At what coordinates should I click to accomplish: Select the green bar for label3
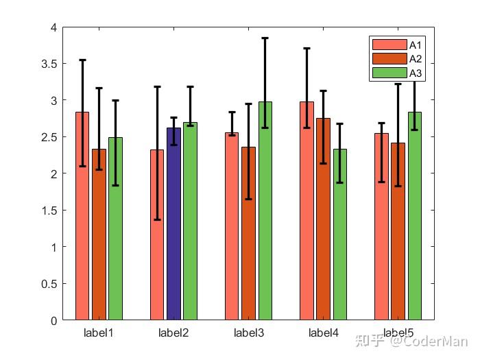click(265, 219)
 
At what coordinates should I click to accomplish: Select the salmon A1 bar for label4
click(307, 219)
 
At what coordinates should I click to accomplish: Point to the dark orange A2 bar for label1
click(99, 240)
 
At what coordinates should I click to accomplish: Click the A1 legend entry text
click(415, 45)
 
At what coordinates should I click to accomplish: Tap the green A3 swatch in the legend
click(389, 73)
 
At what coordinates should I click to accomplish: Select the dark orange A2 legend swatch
click(389, 58)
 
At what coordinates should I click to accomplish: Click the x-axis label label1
click(98, 333)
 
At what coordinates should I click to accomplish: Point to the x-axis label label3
click(248, 333)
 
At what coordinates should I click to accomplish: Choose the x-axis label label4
click(323, 333)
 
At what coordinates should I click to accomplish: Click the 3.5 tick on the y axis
click(48, 64)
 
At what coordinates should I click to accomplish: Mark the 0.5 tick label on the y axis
click(48, 284)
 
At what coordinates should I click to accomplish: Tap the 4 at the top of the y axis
click(53, 27)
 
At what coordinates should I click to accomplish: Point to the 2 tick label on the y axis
click(53, 173)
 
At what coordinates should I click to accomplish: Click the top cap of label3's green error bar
click(265, 38)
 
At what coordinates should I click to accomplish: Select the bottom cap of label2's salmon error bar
click(157, 219)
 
